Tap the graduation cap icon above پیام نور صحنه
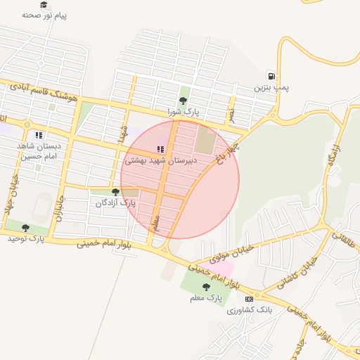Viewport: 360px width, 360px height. (x=44, y=5)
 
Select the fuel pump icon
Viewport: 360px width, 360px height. (x=271, y=76)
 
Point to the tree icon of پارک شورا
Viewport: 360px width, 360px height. (x=184, y=101)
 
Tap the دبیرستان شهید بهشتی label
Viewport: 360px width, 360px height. (x=160, y=160)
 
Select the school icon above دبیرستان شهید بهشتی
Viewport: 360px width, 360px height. (x=160, y=150)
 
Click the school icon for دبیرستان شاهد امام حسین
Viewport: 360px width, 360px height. (x=39, y=135)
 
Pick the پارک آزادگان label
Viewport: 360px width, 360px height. (x=115, y=202)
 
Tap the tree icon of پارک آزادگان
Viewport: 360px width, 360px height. (x=115, y=192)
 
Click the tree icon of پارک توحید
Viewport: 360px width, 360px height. (x=26, y=228)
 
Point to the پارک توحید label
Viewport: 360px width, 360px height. (x=26, y=238)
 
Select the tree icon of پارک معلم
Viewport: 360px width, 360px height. (x=206, y=287)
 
